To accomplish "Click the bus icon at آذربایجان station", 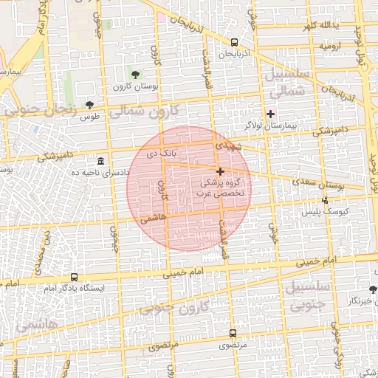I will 234,42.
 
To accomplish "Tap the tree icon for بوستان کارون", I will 135,74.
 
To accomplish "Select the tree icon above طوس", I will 90,105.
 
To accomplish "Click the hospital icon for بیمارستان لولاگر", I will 270,113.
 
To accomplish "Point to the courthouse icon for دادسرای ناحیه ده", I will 100,161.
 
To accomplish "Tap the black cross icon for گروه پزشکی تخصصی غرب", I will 220,171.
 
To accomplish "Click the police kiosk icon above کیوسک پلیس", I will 326,200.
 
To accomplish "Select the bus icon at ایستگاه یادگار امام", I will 73,277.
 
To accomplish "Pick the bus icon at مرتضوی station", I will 233,333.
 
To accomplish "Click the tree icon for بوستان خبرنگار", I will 373,289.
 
